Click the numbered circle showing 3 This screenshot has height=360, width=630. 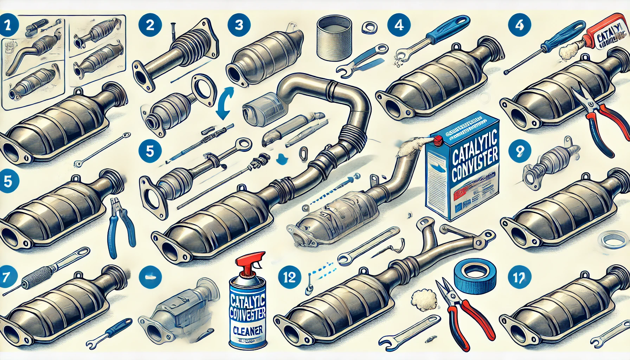(x=239, y=25)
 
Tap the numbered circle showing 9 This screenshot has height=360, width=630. (x=520, y=151)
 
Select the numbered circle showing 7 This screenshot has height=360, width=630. (x=6, y=277)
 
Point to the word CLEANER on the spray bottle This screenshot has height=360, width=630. (x=248, y=331)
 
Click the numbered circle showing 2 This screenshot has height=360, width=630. (x=150, y=25)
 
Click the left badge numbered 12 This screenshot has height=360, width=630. (x=289, y=277)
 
